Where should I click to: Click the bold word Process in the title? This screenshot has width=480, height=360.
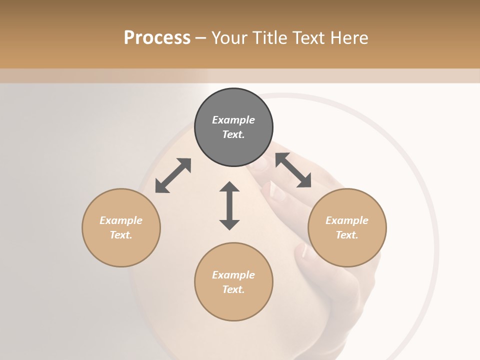(157, 37)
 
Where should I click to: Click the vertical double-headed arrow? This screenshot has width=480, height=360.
(229, 205)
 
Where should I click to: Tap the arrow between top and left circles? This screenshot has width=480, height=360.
(173, 175)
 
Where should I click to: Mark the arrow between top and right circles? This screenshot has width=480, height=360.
(293, 170)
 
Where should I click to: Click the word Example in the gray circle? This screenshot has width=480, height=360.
(233, 120)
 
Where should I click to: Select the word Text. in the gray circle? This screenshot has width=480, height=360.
(233, 134)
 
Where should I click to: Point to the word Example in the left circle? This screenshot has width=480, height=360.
(121, 220)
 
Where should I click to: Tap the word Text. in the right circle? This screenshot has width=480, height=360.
(347, 235)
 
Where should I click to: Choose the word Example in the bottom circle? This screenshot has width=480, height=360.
(233, 275)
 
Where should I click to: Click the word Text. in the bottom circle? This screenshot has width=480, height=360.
(233, 289)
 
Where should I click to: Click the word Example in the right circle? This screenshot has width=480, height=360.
(347, 220)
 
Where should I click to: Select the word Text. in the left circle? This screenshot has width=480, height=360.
(121, 235)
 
